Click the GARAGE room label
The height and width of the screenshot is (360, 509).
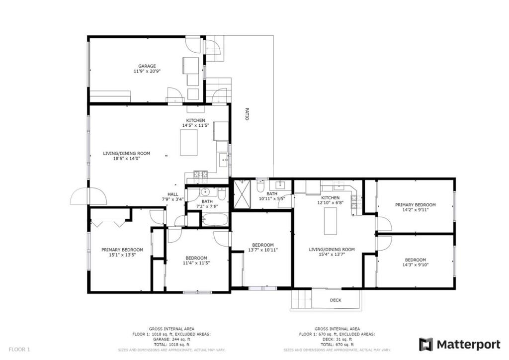tap(147, 66)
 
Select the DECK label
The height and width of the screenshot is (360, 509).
tap(336, 300)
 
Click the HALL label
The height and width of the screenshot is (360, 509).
tap(173, 194)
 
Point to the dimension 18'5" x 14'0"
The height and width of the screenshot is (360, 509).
tap(126, 159)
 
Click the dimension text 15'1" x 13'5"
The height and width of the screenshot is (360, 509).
tap(122, 255)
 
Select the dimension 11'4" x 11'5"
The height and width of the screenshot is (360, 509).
tap(196, 263)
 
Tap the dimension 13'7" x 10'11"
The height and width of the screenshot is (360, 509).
tap(262, 250)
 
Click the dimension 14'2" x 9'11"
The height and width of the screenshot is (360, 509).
tap(415, 210)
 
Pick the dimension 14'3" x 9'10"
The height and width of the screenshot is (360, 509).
tap(415, 265)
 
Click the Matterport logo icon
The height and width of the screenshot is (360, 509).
tap(426, 344)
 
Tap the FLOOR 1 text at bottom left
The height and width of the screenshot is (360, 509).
tap(20, 350)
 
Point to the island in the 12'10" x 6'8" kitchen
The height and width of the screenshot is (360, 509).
tap(331, 221)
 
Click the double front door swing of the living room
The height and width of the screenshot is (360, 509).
tap(88, 197)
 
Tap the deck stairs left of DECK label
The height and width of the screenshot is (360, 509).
tap(301, 300)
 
